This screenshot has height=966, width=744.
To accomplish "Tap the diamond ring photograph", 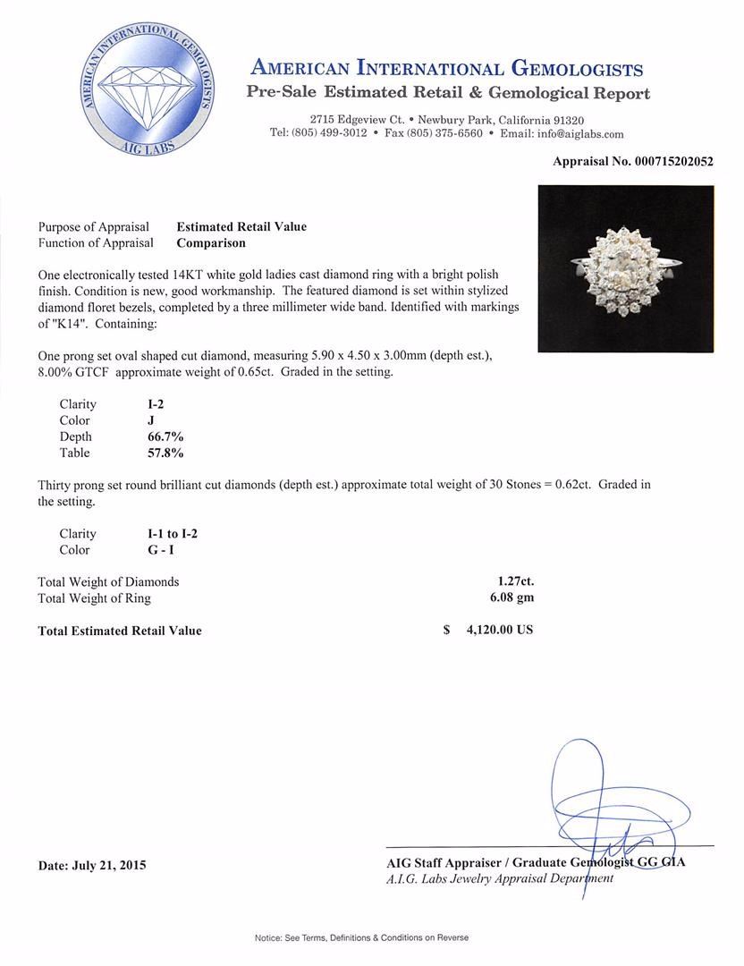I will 625,268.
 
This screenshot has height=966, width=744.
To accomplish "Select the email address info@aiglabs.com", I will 562,133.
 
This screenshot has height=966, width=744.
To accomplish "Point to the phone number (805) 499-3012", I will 318,133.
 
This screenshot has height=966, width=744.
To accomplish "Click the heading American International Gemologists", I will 447,69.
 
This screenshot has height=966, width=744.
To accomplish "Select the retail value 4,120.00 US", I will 499,630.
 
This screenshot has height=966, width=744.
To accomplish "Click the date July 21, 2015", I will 92,865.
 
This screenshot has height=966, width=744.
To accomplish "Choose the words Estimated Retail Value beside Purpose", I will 241,227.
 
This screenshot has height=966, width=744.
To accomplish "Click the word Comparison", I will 211,242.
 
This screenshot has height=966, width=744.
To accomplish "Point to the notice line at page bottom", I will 361,937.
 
